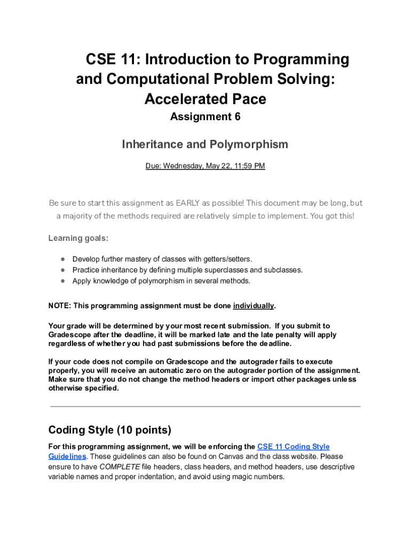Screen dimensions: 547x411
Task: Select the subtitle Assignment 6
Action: [x=205, y=117]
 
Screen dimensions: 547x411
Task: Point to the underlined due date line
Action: [x=205, y=166]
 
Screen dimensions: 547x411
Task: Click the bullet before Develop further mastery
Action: [x=62, y=260]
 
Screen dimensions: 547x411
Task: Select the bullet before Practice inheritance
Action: [x=62, y=270]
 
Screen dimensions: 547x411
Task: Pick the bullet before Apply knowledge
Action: [x=62, y=281]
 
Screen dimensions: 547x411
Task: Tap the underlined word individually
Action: [x=254, y=306]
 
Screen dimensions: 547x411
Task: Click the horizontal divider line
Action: [x=205, y=407]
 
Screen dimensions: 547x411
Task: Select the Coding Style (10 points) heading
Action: [x=109, y=430]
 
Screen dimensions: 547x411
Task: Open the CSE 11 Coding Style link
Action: [x=293, y=447]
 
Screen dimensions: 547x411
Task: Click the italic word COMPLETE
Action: [x=119, y=467]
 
